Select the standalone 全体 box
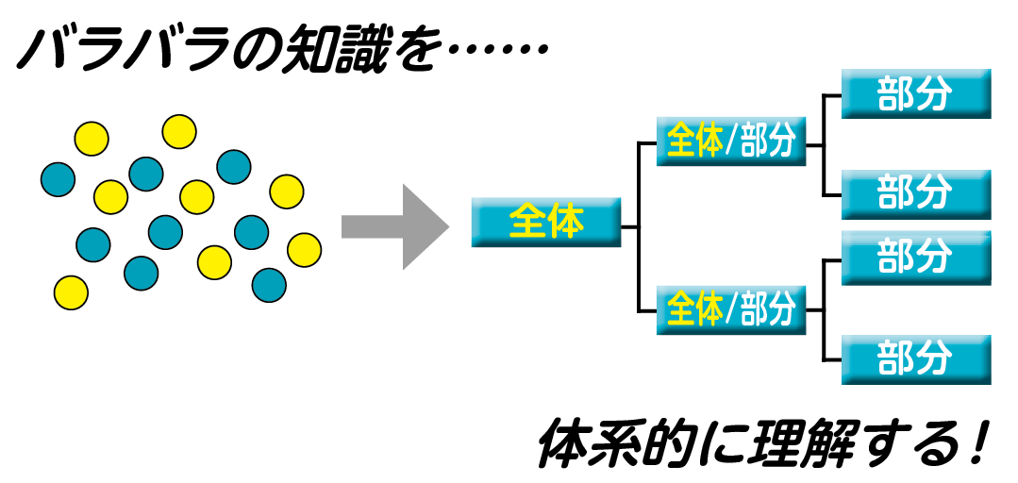[546, 223]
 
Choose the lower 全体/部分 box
[731, 309]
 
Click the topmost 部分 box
[915, 93]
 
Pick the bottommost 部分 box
[915, 358]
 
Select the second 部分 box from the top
[915, 193]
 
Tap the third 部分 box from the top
[915, 258]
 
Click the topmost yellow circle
[179, 132]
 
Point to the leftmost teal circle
[58, 178]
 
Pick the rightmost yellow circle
[304, 249]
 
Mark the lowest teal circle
[269, 285]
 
